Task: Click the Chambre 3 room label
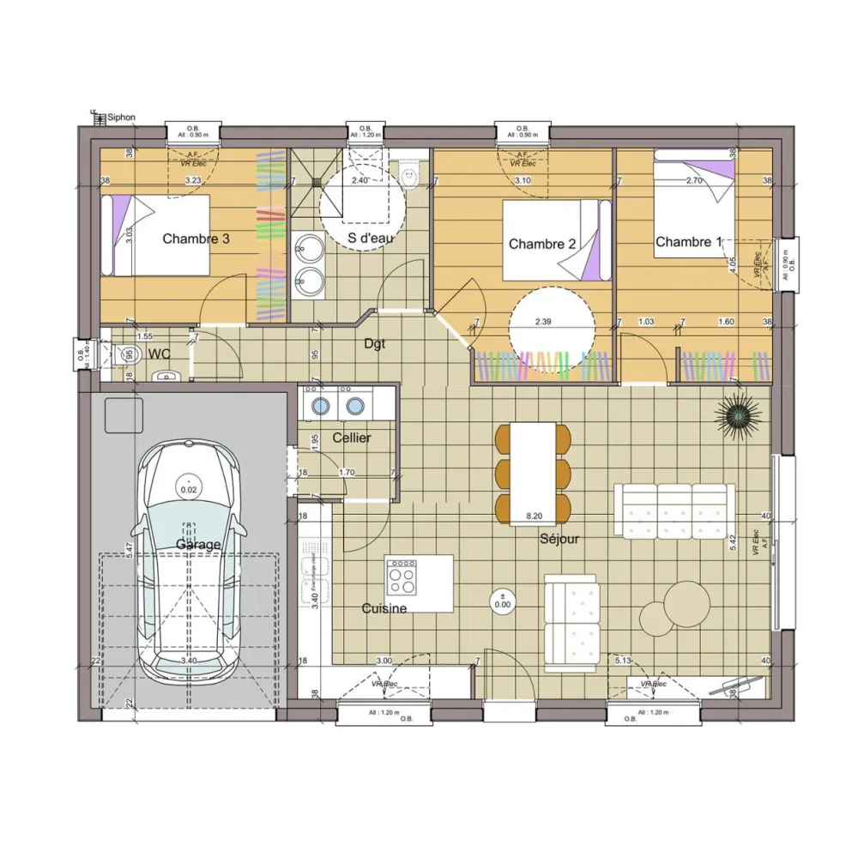pyautogui.click(x=196, y=239)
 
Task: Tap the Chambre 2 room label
pyautogui.click(x=542, y=245)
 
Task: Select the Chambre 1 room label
pyautogui.click(x=689, y=242)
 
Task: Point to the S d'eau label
pyautogui.click(x=370, y=238)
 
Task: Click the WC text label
pyautogui.click(x=159, y=353)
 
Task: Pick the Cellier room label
pyautogui.click(x=352, y=438)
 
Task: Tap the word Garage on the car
pyautogui.click(x=198, y=544)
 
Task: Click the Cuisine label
pyautogui.click(x=384, y=608)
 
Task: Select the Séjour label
pyautogui.click(x=559, y=540)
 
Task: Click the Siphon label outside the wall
pyautogui.click(x=121, y=117)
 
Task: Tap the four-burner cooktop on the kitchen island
pyautogui.click(x=402, y=577)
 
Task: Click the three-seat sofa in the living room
pyautogui.click(x=674, y=510)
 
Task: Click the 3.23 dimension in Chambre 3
pyautogui.click(x=193, y=181)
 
